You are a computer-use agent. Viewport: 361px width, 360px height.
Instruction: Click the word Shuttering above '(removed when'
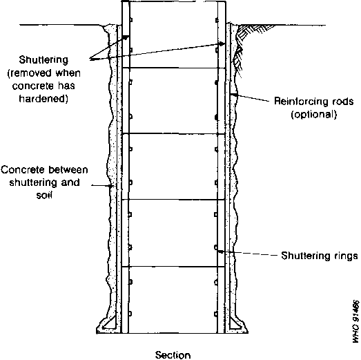point(43,59)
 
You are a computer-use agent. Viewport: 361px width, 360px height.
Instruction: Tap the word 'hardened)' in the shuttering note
point(43,99)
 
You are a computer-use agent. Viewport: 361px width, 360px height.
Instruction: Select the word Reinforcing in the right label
point(300,102)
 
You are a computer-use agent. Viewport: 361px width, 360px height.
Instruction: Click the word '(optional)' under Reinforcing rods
point(314,114)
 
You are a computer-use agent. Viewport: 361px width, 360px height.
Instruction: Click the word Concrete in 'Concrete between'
point(23,169)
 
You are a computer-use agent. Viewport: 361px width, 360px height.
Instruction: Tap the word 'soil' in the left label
point(44,195)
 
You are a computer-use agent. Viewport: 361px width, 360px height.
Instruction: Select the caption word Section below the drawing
point(173,355)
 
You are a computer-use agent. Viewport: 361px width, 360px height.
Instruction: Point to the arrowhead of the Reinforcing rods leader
point(231,94)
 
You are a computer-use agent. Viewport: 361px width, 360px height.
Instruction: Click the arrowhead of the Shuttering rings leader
point(219,252)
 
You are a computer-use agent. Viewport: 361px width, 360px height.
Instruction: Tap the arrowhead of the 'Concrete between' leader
point(111,186)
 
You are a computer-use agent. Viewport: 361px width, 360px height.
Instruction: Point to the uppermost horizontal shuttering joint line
point(173,68)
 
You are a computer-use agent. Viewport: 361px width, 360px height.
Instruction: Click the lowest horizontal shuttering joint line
point(173,267)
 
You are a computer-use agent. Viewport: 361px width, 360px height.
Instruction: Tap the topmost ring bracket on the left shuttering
point(130,20)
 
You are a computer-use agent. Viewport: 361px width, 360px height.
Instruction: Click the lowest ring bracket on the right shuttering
point(216,314)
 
